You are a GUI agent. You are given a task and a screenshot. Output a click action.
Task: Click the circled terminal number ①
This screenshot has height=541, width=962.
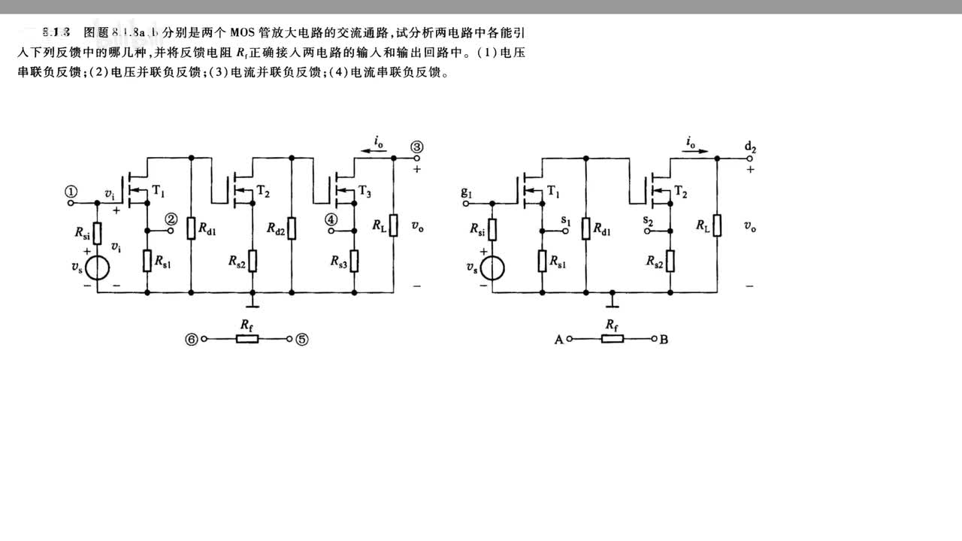coord(71,192)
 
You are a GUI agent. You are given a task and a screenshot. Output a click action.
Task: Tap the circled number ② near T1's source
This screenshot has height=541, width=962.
coord(171,219)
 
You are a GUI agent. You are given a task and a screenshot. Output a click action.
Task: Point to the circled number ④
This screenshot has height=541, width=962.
coord(331,219)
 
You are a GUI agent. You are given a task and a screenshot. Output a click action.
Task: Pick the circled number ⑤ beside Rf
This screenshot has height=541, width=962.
coord(301,340)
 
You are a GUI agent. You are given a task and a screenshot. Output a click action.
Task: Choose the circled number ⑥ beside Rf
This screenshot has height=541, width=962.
coord(192,340)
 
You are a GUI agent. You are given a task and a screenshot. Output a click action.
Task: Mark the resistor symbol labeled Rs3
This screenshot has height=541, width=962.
coord(354,261)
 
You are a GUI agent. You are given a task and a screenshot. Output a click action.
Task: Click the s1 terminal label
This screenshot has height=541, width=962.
coord(566,220)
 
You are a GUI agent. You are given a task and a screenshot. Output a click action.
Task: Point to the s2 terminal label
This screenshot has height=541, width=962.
coord(648,220)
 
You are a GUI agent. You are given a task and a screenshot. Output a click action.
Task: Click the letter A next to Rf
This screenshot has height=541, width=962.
coord(558,340)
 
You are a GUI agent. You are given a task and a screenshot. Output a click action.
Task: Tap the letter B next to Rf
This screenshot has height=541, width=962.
coord(664,340)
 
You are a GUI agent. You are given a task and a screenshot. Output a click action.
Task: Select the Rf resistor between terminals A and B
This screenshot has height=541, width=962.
coord(612,339)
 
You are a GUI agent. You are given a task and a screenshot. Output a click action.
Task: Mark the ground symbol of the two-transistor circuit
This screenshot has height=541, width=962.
coord(613,302)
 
